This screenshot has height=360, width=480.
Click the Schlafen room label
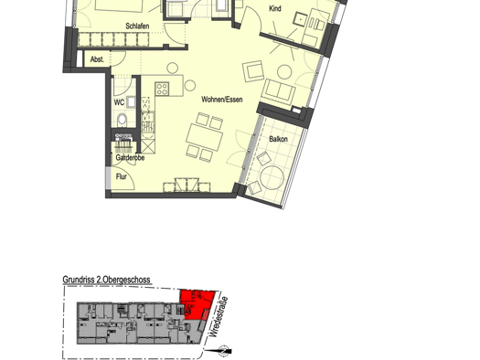click(137, 26)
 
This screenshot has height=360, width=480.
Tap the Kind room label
click(275, 8)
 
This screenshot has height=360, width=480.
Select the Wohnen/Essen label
click(222, 100)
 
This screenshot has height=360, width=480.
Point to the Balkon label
click(278, 139)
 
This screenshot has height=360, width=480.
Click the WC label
click(119, 102)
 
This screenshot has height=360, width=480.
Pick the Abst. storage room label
click(97, 59)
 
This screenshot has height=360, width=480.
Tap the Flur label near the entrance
click(122, 176)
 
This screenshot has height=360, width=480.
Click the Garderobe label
click(130, 158)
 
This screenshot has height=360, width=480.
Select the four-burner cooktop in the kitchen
click(162, 89)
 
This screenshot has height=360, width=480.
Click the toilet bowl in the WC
click(122, 120)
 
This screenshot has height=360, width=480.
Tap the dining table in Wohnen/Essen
click(204, 136)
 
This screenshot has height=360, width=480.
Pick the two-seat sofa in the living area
click(279, 91)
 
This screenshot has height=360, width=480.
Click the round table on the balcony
click(272, 177)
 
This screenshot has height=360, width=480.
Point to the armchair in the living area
click(253, 71)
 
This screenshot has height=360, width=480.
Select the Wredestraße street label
click(219, 316)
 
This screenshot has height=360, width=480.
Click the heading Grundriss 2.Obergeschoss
click(107, 280)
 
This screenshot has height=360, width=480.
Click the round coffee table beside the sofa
click(284, 72)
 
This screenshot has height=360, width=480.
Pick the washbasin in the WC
click(131, 102)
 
